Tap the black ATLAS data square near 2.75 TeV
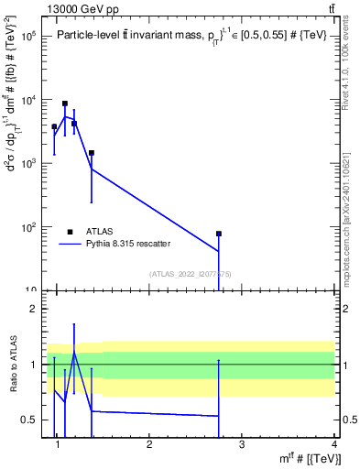219,234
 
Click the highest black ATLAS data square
65,104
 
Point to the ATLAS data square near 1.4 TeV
92,153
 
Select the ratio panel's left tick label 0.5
30,420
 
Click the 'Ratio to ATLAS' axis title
12,365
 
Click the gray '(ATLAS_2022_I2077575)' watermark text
183,274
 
